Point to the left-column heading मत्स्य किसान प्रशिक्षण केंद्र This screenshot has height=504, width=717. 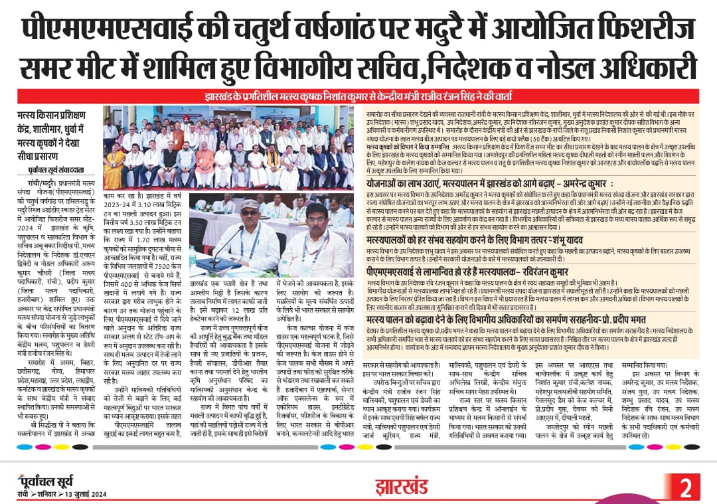point(56,125)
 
